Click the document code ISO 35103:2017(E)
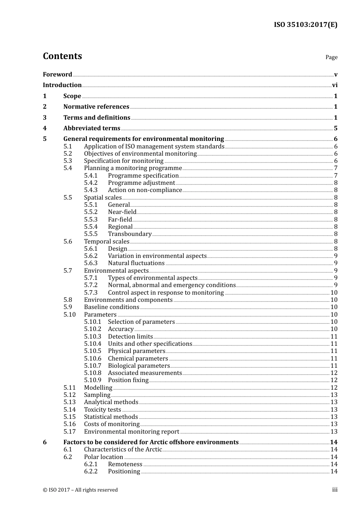tap(305, 25)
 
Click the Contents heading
tap(62, 56)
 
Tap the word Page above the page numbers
tap(331, 57)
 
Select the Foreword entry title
tap(57, 74)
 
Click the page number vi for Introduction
tap(335, 85)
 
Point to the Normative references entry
tap(96, 107)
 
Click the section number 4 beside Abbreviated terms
tap(45, 128)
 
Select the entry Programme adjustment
tap(141, 183)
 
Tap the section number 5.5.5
tap(91, 234)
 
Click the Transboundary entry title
tap(130, 234)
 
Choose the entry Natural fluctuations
tap(136, 263)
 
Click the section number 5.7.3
tap(91, 293)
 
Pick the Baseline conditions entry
tap(111, 307)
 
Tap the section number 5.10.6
tap(92, 359)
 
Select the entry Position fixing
tap(128, 380)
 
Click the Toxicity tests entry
tap(102, 410)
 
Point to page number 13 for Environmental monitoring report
tap(334, 432)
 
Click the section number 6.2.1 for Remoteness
tap(91, 464)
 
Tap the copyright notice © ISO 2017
tap(80, 490)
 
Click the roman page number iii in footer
tap(335, 490)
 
